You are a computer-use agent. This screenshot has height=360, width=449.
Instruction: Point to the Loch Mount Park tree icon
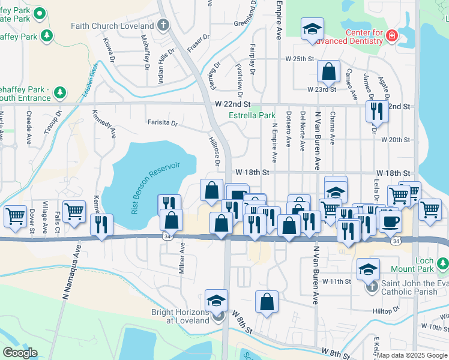coord(442,264)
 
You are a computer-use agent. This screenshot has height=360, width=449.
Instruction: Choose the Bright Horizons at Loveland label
coord(178,316)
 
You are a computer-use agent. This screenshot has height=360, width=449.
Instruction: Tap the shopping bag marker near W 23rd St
coord(329,72)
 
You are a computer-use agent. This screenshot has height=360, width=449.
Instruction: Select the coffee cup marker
coord(390,220)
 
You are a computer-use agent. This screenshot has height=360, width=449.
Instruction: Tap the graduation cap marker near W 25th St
coord(312,30)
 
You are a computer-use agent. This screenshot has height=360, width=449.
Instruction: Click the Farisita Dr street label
coord(163,123)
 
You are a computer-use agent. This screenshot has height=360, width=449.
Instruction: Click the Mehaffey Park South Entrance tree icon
coord(59,92)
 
